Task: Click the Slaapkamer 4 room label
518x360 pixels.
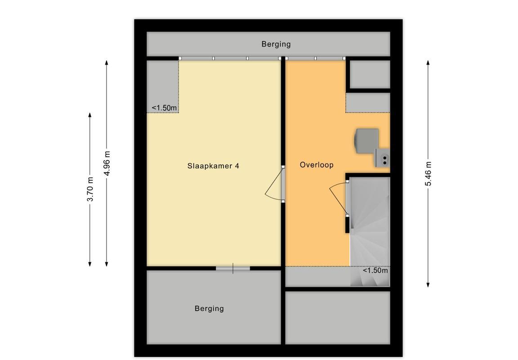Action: tap(213, 166)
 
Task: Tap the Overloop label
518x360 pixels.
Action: tap(317, 165)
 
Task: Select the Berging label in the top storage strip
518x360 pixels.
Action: tap(276, 44)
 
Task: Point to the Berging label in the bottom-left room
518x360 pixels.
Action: tap(209, 308)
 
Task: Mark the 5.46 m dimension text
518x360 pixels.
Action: tap(428, 174)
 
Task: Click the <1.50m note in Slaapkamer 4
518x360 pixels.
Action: tap(164, 108)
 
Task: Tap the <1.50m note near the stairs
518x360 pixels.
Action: tap(375, 270)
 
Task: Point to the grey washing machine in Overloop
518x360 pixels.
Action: tap(366, 141)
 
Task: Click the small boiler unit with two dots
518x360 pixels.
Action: tap(382, 157)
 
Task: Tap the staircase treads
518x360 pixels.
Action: tap(370, 231)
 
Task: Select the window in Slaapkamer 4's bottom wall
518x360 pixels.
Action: tap(233, 268)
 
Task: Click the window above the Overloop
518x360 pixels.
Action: tap(316, 58)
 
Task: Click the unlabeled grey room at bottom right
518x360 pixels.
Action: tap(338, 318)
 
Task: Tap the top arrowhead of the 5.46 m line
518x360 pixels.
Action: tap(428, 63)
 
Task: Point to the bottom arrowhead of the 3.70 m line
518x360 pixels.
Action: tap(90, 263)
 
